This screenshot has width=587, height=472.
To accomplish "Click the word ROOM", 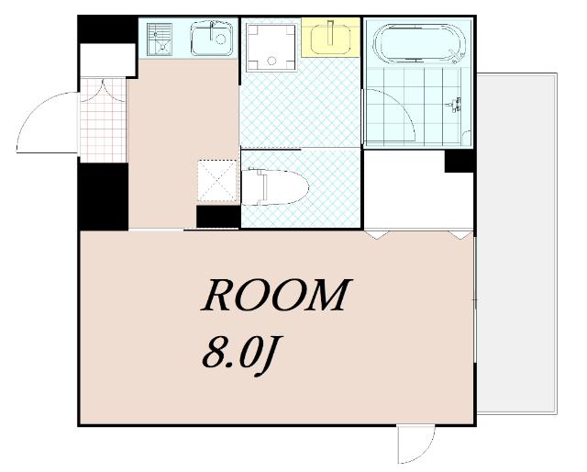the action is click(x=276, y=296).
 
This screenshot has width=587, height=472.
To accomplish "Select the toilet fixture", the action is click(x=274, y=187).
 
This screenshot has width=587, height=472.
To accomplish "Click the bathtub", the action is click(x=419, y=43).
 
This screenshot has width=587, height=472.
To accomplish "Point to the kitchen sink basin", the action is click(x=212, y=39).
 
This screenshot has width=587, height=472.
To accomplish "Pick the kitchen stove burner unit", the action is click(x=160, y=40).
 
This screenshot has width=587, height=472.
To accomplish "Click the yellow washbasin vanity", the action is click(x=330, y=37).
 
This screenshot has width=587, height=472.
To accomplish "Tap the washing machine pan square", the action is click(x=271, y=47).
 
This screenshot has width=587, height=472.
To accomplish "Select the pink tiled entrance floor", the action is click(x=104, y=120).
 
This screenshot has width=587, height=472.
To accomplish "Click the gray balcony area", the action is click(x=516, y=243).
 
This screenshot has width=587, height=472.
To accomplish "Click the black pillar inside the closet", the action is click(x=460, y=162).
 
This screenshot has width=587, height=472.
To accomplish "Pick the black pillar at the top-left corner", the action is click(x=107, y=30).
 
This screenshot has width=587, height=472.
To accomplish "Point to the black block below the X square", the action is click(x=218, y=217).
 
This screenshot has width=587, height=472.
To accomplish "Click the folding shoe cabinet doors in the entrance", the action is click(x=103, y=90).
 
